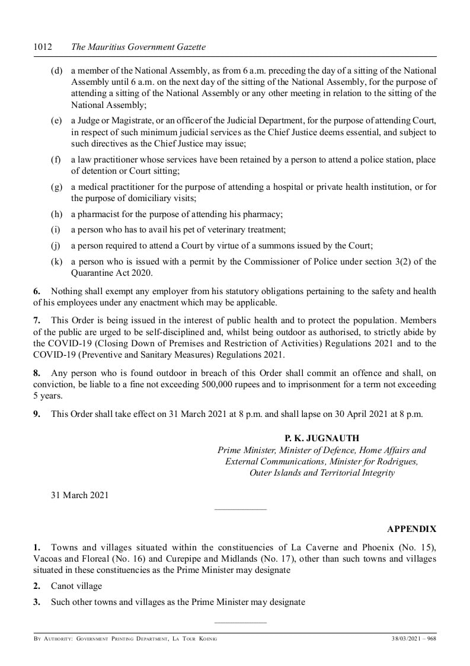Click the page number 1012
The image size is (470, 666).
point(43,46)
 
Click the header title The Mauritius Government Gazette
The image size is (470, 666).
point(138,46)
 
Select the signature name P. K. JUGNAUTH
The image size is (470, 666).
point(322,438)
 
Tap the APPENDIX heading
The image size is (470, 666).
point(411,528)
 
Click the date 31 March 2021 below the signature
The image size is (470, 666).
point(79,495)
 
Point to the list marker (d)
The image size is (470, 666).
point(57,71)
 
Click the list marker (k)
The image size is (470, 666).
point(57,262)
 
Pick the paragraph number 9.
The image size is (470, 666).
point(37,414)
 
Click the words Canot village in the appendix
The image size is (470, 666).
point(76,586)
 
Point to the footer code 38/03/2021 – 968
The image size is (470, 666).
point(414,639)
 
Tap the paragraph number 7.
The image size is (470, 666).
point(37,332)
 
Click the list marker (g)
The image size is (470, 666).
point(57,187)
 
